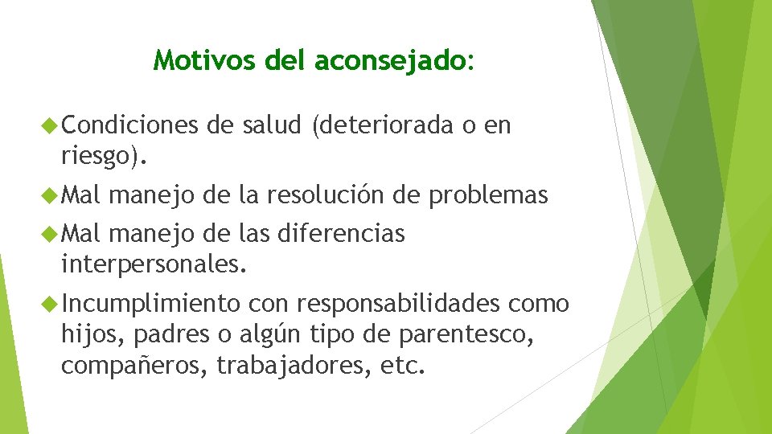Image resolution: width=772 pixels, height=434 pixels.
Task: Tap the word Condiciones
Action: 129,125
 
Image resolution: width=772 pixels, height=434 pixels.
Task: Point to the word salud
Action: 269,125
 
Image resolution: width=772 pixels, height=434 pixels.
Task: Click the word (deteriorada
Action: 377,125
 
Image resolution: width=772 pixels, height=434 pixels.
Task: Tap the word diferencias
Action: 340,234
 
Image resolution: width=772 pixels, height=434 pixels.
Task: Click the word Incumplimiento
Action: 150,303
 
